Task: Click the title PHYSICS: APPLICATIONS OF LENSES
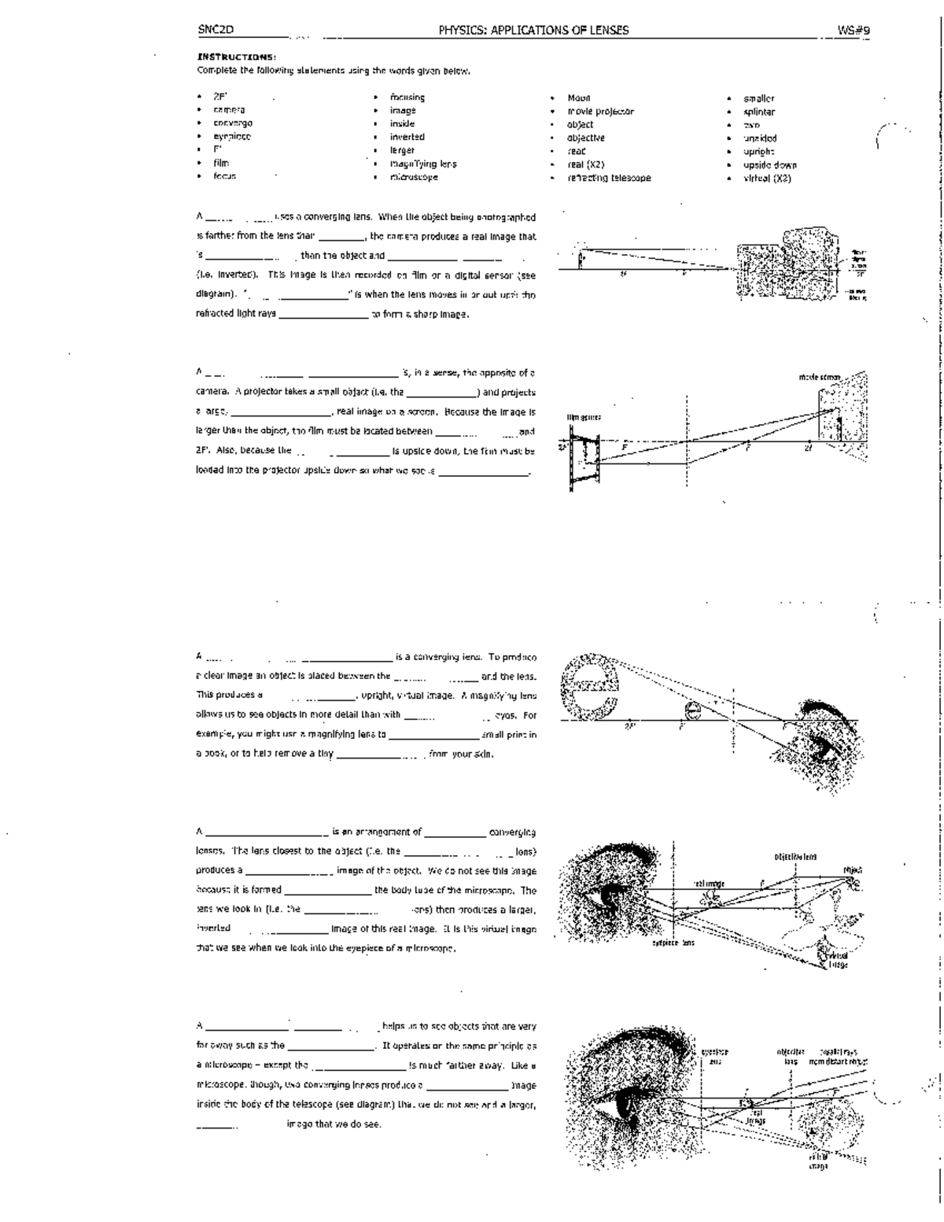pyautogui.click(x=533, y=30)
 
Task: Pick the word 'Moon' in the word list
pyautogui.click(x=579, y=98)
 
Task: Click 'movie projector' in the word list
pyautogui.click(x=600, y=112)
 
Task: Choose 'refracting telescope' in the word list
pyautogui.click(x=609, y=178)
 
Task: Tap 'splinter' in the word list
pyautogui.click(x=759, y=112)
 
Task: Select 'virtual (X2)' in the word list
pyautogui.click(x=767, y=178)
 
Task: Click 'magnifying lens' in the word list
pyautogui.click(x=423, y=164)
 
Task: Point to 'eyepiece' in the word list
pyautogui.click(x=232, y=137)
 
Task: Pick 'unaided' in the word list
pyautogui.click(x=760, y=138)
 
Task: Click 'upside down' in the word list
pyautogui.click(x=770, y=164)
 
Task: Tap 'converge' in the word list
pyautogui.click(x=233, y=124)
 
